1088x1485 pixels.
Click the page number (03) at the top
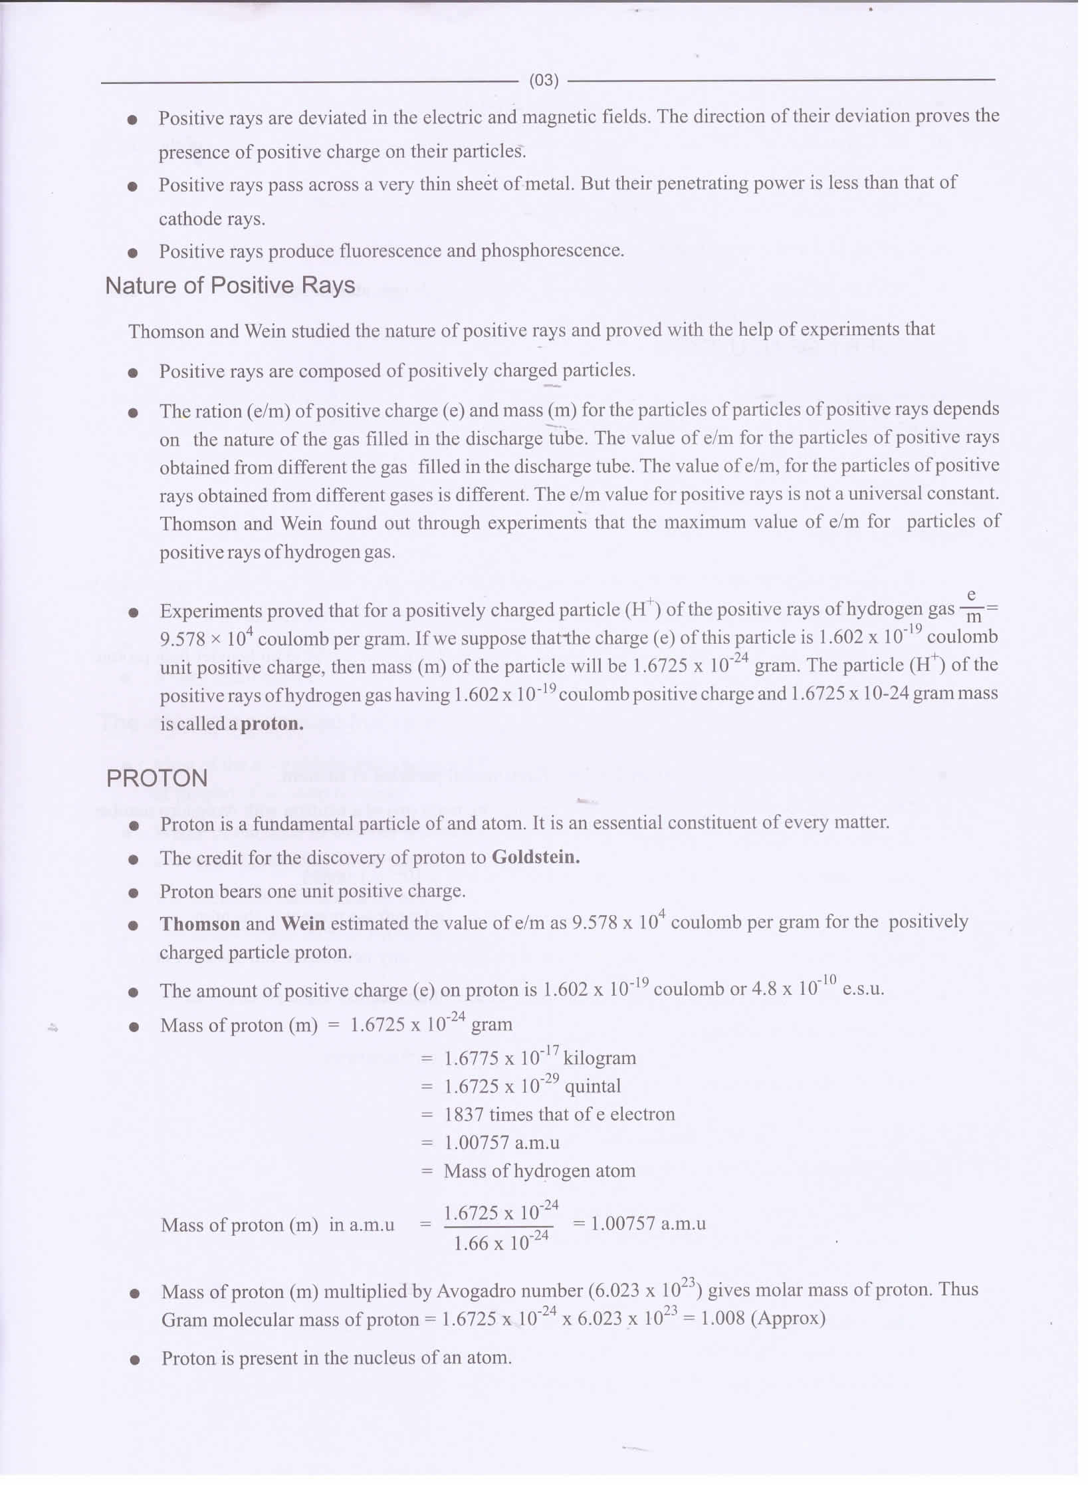(x=543, y=80)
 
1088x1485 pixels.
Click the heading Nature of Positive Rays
(x=230, y=286)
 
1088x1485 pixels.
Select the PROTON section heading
(x=157, y=779)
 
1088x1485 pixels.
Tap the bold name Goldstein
(x=535, y=857)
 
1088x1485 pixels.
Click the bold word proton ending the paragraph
(x=272, y=724)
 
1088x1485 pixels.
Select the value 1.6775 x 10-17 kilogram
(x=539, y=1057)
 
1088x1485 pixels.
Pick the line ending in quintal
(x=532, y=1086)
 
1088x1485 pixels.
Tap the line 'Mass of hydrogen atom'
(x=539, y=1170)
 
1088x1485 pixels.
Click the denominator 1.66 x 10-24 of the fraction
(x=500, y=1242)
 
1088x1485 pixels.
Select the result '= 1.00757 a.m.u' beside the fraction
(x=639, y=1224)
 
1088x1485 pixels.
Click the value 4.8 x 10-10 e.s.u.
(x=817, y=989)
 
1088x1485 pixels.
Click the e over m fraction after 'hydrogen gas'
(x=971, y=606)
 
